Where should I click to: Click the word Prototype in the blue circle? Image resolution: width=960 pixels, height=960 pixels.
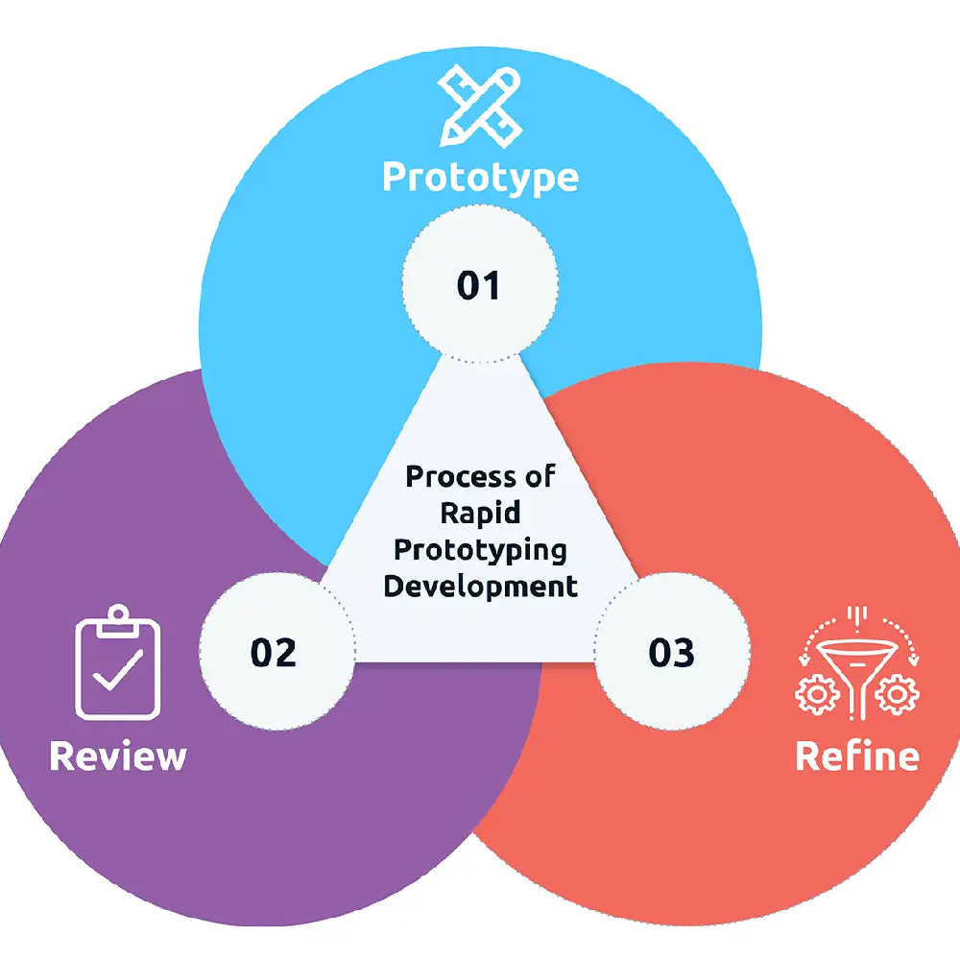[481, 178]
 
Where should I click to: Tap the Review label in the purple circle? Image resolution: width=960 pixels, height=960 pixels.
[118, 756]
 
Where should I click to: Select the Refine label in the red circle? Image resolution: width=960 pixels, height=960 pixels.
[857, 756]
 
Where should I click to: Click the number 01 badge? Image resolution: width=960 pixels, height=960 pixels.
[480, 284]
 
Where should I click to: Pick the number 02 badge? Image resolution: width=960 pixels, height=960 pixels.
[276, 652]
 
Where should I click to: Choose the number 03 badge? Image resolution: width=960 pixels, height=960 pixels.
[672, 652]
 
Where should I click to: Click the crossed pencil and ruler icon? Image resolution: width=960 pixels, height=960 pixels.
[481, 106]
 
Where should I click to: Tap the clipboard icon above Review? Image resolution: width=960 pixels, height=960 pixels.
[117, 661]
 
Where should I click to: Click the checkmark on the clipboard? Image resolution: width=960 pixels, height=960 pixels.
[117, 670]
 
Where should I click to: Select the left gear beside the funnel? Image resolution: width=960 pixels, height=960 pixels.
[817, 694]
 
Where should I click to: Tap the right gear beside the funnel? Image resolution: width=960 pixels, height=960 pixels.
[897, 694]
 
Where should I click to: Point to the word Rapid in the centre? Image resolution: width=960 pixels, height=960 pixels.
[480, 513]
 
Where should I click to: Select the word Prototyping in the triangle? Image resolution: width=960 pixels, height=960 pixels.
[480, 550]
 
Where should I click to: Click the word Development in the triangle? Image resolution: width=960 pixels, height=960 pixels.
[480, 587]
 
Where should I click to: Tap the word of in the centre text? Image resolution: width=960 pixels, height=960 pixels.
[540, 477]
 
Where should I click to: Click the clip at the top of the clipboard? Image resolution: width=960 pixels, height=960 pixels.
[117, 619]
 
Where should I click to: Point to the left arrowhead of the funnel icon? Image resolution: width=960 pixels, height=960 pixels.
[804, 660]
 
